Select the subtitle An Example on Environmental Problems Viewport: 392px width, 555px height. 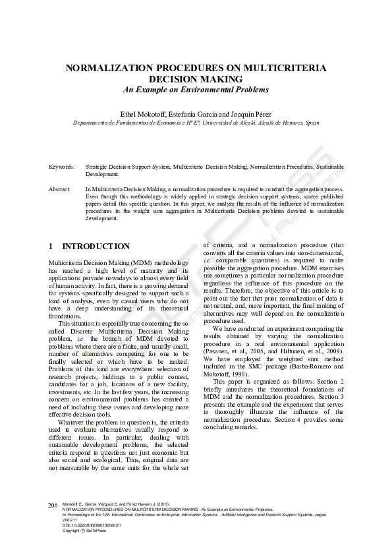pos(196,89)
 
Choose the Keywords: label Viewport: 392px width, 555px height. pos(61,168)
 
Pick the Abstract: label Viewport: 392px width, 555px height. pos(60,189)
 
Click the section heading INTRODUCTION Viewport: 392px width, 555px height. pos(96,247)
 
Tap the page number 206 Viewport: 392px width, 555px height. pos(53,504)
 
